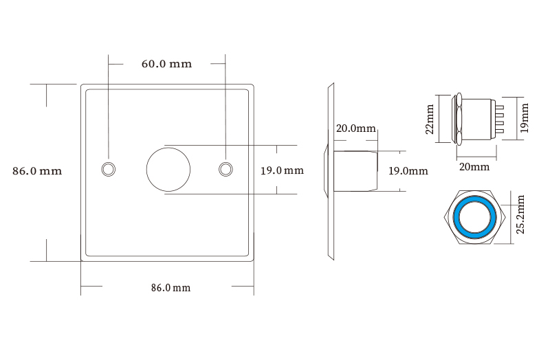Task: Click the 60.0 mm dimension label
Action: pyautogui.click(x=166, y=64)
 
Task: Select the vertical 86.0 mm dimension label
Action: pyautogui.click(x=37, y=171)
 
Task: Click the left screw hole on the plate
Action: pyautogui.click(x=108, y=169)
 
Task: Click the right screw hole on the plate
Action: pyautogui.click(x=225, y=169)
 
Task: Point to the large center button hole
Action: pyautogui.click(x=168, y=169)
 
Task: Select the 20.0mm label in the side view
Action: pyautogui.click(x=355, y=128)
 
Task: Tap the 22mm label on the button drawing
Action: pyautogui.click(x=430, y=119)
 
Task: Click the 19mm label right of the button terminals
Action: pyautogui.click(x=525, y=117)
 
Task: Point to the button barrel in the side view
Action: pyautogui.click(x=355, y=171)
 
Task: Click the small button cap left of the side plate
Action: pyautogui.click(x=324, y=170)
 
